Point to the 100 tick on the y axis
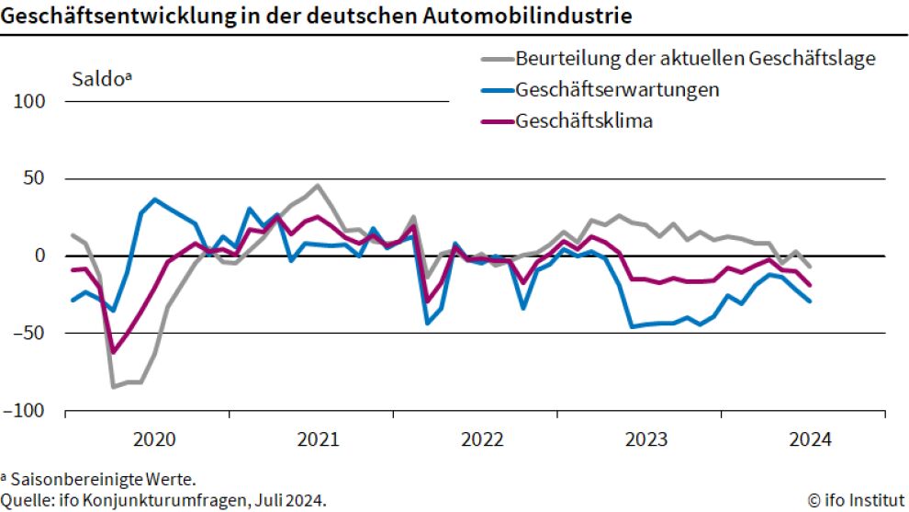click(x=30, y=101)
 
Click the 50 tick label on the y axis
click(x=35, y=178)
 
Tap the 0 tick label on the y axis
click(x=39, y=256)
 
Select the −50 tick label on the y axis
click(x=28, y=333)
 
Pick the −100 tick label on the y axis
click(x=25, y=410)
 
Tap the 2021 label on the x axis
click(x=317, y=438)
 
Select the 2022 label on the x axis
click(x=481, y=438)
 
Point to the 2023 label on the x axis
click(x=645, y=438)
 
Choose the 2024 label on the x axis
click(x=809, y=438)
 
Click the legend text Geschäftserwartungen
click(x=617, y=90)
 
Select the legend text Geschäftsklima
click(x=584, y=120)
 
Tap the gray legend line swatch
click(x=496, y=60)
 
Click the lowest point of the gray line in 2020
click(x=114, y=386)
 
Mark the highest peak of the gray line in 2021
click(x=318, y=186)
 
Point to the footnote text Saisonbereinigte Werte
click(x=103, y=479)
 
